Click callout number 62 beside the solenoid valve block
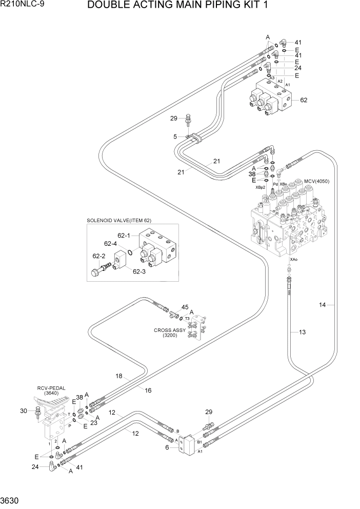point(304,100)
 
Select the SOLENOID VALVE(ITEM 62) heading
point(118,221)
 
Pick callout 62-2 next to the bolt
point(98,256)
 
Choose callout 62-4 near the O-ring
point(111,244)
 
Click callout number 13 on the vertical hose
point(302,332)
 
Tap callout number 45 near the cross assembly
point(185,307)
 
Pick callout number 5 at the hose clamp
point(175,136)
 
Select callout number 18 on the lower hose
point(119,376)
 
